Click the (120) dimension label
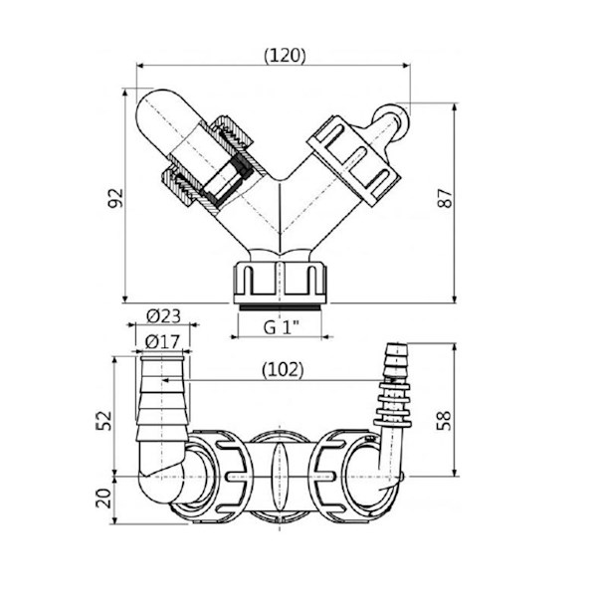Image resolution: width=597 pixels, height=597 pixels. point(285,56)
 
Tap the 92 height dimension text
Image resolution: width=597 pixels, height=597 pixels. point(115,198)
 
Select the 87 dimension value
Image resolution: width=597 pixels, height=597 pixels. point(445,198)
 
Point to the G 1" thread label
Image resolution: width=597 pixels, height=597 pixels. point(282,327)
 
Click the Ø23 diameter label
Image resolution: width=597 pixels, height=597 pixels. point(164,316)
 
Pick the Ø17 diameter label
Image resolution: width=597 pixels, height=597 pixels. point(162,342)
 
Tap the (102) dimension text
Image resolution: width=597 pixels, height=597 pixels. point(283,369)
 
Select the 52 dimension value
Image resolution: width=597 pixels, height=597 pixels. point(103,420)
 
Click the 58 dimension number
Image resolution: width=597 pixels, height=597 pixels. point(444,420)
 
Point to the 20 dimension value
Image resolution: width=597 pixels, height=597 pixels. point(103,498)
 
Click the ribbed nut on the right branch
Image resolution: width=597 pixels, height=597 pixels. point(354,160)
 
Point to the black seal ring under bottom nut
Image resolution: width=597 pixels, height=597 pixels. point(280,307)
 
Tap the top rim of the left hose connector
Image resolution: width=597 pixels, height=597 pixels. point(162,358)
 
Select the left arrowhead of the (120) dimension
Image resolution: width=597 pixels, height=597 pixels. point(140,66)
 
